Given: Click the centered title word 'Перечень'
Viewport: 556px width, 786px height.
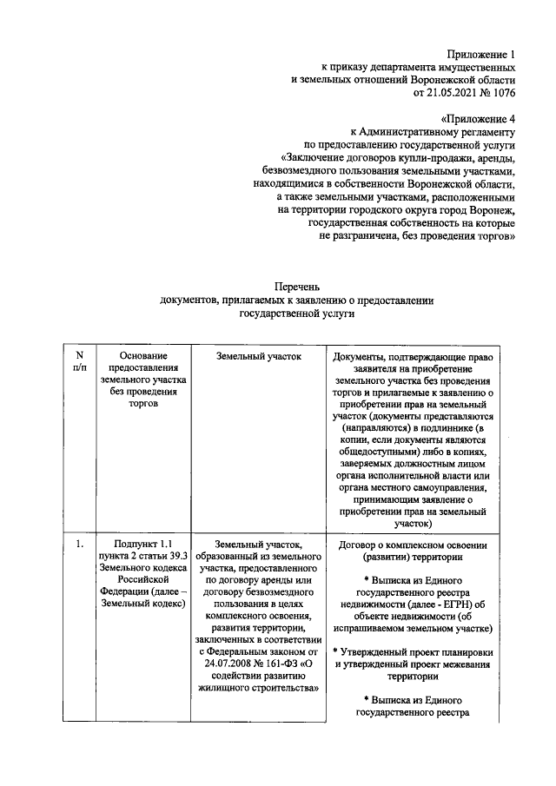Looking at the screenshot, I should (x=298, y=286).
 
